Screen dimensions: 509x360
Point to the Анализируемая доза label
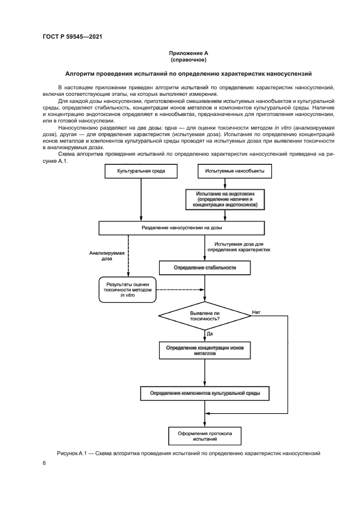click(x=107, y=256)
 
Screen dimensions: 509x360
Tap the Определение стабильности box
click(x=204, y=268)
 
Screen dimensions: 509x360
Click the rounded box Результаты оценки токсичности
click(x=127, y=290)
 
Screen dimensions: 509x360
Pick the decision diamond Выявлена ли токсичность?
click(x=204, y=315)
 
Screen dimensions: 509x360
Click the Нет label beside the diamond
click(x=256, y=312)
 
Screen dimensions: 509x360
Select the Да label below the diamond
click(x=210, y=332)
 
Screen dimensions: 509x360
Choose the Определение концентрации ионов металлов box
click(x=204, y=350)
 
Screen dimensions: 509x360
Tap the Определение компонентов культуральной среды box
click(x=205, y=393)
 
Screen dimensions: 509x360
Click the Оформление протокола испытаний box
click(x=205, y=436)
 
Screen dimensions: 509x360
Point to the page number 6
click(x=44, y=463)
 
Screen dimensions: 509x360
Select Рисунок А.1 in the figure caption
click(x=71, y=453)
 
